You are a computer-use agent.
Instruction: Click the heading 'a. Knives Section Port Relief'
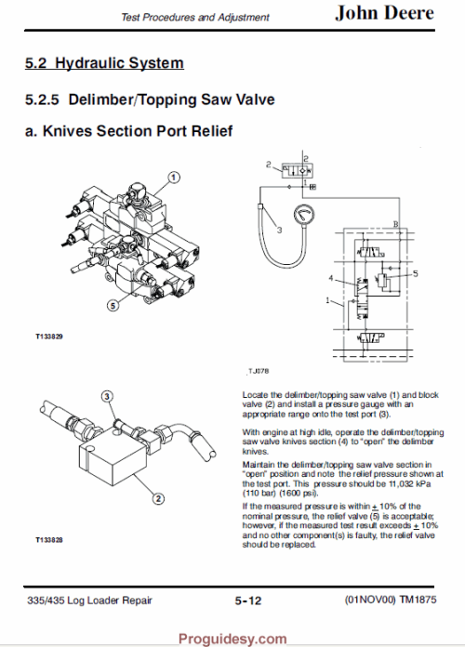point(127,132)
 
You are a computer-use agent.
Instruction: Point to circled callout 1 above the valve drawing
point(174,177)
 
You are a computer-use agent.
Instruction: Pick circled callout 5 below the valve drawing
point(111,303)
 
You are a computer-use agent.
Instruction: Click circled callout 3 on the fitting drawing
point(108,397)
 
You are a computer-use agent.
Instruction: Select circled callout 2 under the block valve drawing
point(159,499)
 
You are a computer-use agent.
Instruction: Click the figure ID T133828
point(48,539)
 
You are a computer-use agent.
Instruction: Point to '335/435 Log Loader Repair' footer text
point(89,601)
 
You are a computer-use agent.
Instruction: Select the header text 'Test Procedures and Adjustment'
point(196,17)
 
